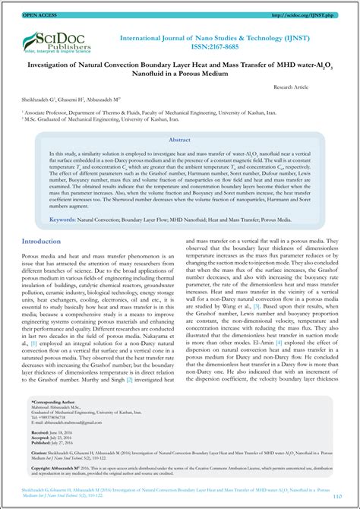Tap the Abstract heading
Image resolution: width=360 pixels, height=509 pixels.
click(x=179, y=141)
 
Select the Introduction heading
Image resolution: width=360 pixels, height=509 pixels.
click(x=41, y=242)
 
